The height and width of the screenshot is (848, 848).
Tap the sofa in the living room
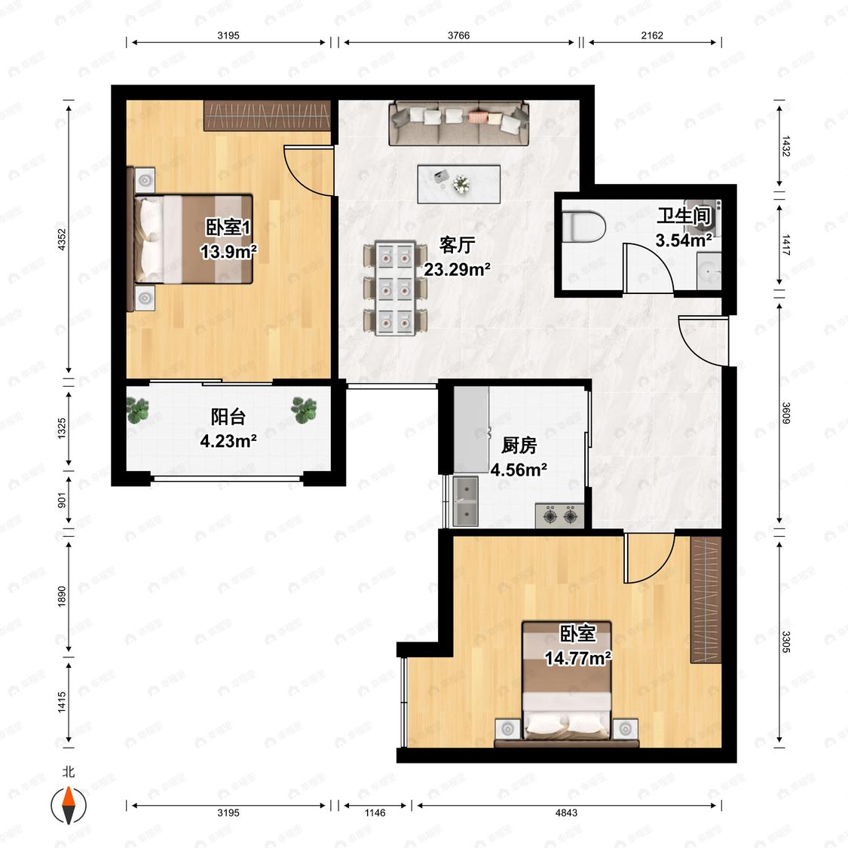(458, 124)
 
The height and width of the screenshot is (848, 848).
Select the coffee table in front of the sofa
(458, 185)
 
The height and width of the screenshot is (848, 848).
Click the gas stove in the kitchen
(560, 516)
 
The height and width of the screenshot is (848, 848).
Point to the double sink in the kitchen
(466, 502)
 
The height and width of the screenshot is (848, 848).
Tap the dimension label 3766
(458, 35)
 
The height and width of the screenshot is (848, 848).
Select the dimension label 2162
(652, 35)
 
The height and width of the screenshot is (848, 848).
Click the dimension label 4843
(566, 813)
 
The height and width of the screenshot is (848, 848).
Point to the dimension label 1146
(375, 813)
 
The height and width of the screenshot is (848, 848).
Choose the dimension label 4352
(62, 239)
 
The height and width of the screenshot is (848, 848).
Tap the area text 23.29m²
(457, 269)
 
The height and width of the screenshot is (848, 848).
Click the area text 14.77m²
(577, 658)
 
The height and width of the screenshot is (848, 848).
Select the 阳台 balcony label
(228, 417)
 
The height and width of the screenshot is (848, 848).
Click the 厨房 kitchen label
(519, 445)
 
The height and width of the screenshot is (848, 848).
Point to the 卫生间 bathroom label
(684, 216)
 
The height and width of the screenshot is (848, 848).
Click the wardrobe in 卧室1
(267, 115)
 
